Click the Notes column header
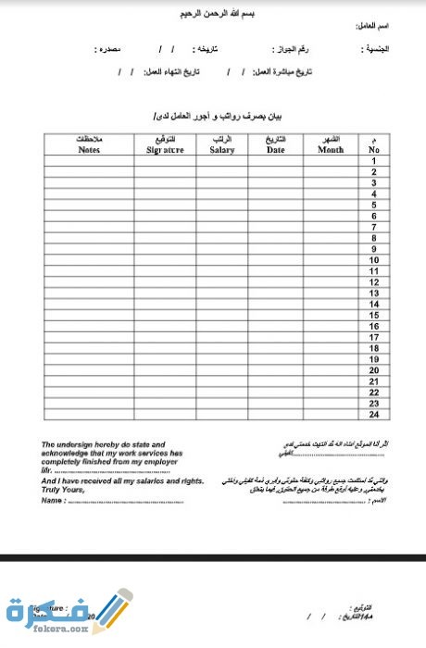[x=89, y=143]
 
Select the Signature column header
[x=165, y=143]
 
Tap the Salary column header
[x=221, y=143]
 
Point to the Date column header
[x=275, y=143]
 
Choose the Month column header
[x=330, y=143]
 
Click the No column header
[x=373, y=143]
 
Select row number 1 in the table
[x=373, y=161]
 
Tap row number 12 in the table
[x=373, y=281]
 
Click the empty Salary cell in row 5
[x=221, y=205]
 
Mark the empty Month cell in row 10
[x=330, y=259]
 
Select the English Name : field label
[x=55, y=500]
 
